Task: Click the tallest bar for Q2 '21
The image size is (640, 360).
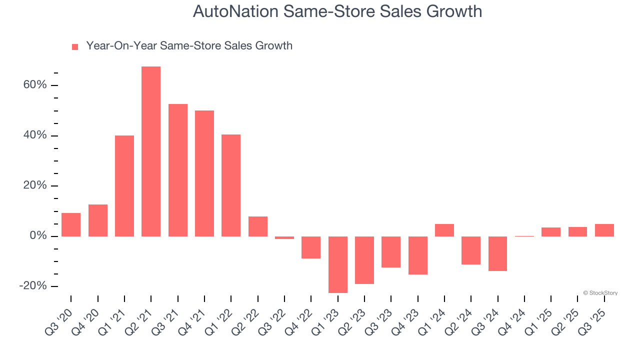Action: coord(151,151)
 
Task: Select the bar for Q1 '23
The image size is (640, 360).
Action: coord(337,264)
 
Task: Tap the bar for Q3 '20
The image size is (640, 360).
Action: coord(71,224)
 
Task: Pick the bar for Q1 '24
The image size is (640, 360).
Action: coord(444,230)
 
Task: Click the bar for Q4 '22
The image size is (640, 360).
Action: coord(311,247)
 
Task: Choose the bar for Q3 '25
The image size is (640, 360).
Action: coord(604,230)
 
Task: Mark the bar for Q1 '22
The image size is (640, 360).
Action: coord(231,185)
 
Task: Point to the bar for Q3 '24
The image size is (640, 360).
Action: coord(497,253)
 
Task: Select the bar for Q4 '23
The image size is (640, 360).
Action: coord(417,255)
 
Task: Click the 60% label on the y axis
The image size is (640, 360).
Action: coord(35,85)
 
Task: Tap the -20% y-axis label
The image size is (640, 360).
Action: coord(33,286)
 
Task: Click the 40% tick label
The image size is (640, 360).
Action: coord(35,135)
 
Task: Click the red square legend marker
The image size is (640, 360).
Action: coord(75,47)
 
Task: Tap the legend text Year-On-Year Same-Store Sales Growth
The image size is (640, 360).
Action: coord(189,46)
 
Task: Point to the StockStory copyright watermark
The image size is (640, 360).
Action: coord(600,293)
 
